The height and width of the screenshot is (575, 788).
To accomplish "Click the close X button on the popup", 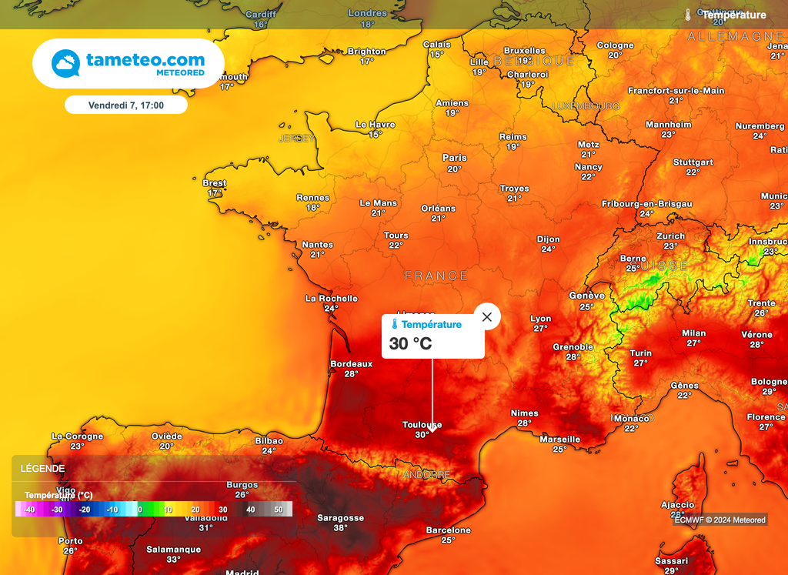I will pos(486,316).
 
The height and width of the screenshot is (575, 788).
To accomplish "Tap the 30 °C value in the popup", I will pos(410,344).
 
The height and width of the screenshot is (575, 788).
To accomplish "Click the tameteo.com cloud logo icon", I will pos(65,63).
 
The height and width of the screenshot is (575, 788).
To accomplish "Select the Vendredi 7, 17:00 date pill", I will pos(126,105).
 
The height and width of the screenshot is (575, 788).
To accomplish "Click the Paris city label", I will pos(455,158).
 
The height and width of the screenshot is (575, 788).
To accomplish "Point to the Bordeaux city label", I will pos(351,364).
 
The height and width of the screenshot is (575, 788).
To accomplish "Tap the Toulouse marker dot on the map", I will pos(432,430).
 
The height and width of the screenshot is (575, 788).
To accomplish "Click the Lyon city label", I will pos(541,319).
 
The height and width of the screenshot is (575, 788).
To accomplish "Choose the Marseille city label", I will pos(560,440).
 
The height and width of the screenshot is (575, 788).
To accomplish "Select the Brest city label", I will pos(215,183).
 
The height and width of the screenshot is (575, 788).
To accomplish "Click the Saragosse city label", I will pos(340,518).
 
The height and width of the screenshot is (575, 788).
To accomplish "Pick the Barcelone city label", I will pos(449,530).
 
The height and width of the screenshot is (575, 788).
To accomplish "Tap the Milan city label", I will pos(693,333).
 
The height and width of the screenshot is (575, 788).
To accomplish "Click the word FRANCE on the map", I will pos(436,276).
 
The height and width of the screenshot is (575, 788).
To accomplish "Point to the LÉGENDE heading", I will pos(42,468).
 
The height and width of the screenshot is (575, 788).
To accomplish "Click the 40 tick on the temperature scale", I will pos(250,510).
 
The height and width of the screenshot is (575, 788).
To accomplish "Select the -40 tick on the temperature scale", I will pos(29,510).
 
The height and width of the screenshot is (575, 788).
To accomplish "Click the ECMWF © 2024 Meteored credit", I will pos(720,520).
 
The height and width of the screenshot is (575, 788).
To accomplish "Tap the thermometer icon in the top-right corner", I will pos(688,15).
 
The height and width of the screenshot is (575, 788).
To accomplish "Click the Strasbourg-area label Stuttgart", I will pos(693,162).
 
